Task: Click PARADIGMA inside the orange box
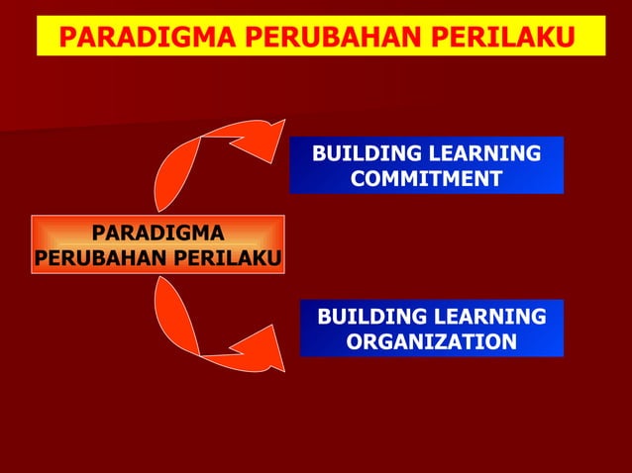tap(158, 234)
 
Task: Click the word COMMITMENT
tap(426, 179)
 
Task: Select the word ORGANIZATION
tap(432, 341)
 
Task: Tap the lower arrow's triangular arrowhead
tap(265, 346)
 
